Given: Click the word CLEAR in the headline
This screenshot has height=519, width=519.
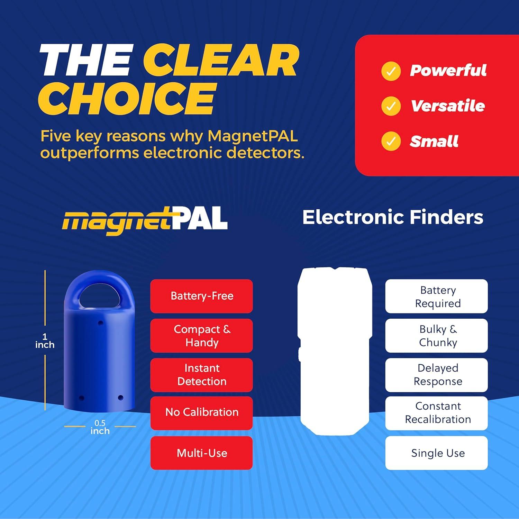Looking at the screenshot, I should click(x=220, y=61).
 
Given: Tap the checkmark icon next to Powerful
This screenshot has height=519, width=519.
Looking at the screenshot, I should click(x=391, y=71).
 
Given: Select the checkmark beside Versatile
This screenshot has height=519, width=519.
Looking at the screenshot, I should click(x=391, y=106).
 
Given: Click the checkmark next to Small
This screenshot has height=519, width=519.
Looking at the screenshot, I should click(x=391, y=141).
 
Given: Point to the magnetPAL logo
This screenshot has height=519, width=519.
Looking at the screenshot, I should click(x=145, y=220).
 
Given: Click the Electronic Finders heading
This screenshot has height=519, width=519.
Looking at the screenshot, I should click(x=393, y=217).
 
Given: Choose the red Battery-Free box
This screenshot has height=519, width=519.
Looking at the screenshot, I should click(x=202, y=296).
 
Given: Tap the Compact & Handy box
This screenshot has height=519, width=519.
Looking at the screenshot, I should click(x=202, y=336).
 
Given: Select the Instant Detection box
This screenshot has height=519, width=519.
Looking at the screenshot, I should click(x=202, y=375).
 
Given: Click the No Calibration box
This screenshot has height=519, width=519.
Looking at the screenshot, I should click(x=202, y=412).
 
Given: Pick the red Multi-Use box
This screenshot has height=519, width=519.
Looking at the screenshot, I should click(x=202, y=453).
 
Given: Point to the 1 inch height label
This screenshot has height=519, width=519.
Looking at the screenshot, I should click(x=45, y=341).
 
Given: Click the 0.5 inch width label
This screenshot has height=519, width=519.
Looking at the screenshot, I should click(x=100, y=427).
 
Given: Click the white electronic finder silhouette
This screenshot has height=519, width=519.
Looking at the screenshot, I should click(x=335, y=349).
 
